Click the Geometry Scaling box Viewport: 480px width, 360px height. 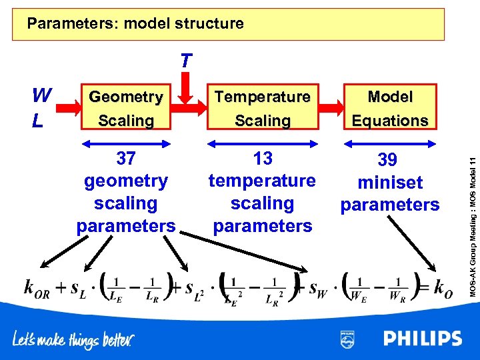(x=126, y=108)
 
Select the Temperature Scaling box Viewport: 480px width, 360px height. (x=263, y=108)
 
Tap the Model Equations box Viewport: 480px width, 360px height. (x=390, y=108)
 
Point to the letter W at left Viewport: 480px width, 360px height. (x=42, y=96)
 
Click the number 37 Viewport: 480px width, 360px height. (x=126, y=158)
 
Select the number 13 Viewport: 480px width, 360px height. (x=263, y=158)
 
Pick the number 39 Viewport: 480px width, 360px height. (x=390, y=159)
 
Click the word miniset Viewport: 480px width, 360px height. (x=390, y=182)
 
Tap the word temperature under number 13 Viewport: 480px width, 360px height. (x=263, y=181)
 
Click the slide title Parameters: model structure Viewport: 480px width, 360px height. (x=135, y=24)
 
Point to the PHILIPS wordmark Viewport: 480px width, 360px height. (x=422, y=339)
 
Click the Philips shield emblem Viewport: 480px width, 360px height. (x=347, y=339)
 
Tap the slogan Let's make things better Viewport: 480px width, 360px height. (x=73, y=340)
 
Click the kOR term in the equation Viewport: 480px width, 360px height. (x=37, y=287)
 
